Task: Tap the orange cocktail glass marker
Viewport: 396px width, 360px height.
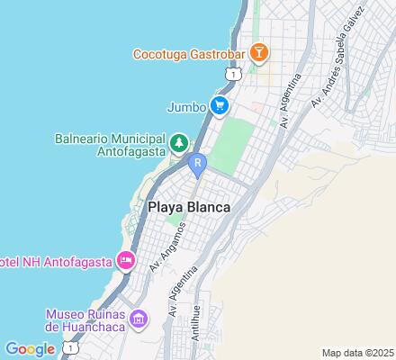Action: coord(258,52)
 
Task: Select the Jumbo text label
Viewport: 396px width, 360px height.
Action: coord(185,106)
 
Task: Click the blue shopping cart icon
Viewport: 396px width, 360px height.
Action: coord(219,105)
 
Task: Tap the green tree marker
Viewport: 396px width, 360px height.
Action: coord(180,143)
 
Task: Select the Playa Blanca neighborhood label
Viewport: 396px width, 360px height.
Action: coord(188,207)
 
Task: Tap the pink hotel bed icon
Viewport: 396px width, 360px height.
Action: coord(125,262)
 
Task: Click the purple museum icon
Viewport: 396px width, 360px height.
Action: coord(139,319)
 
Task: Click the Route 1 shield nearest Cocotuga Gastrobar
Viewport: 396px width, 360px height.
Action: coord(234,75)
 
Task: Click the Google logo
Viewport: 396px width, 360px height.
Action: coord(30,348)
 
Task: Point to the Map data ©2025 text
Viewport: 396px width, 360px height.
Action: coord(358,352)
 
